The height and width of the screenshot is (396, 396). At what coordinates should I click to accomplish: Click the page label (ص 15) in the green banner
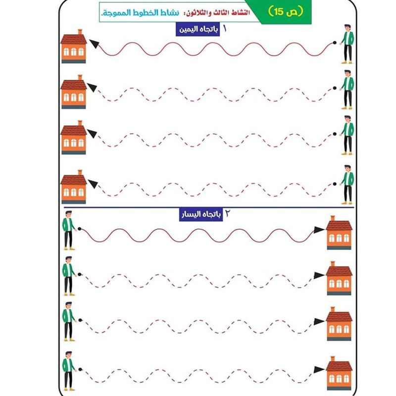286,11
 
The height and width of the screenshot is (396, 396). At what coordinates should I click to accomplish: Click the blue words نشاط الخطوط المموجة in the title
140,13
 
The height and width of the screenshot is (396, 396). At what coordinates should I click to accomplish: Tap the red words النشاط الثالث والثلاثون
218,13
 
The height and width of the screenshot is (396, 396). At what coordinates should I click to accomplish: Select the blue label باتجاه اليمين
198,30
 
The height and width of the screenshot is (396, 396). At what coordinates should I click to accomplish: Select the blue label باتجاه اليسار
201,215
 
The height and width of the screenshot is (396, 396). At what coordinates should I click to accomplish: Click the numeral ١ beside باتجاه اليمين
225,29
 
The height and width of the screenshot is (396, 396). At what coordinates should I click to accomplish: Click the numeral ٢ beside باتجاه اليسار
228,214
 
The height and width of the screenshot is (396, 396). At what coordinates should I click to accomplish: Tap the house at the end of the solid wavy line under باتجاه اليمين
74,46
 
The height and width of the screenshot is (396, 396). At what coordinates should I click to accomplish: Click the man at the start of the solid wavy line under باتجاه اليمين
347,44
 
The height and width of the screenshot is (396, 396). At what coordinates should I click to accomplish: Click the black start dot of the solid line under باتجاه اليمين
335,43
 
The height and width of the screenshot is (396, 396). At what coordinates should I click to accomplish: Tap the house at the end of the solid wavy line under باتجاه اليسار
339,233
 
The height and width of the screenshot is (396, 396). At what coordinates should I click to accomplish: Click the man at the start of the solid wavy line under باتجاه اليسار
69,230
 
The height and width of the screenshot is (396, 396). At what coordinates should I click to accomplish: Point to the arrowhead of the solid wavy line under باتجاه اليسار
319,230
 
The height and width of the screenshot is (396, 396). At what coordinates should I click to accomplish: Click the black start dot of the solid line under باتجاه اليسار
79,229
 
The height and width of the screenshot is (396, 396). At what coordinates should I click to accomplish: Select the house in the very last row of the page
339,373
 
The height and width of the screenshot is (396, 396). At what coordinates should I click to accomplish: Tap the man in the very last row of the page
69,371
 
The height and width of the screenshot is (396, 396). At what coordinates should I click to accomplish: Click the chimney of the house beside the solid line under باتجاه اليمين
80,32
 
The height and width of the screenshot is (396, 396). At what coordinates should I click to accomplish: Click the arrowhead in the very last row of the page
319,369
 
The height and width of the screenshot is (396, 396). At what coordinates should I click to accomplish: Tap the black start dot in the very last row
80,369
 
